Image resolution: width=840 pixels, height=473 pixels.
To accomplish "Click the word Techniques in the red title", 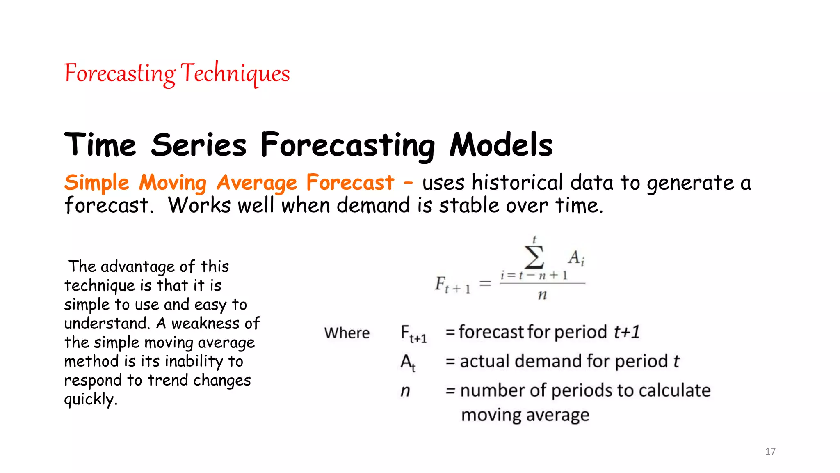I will [235, 73].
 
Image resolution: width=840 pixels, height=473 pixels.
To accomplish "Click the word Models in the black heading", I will [501, 145].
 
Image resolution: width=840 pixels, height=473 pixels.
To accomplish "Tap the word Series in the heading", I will [199, 145].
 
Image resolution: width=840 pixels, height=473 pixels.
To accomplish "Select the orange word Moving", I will [173, 183].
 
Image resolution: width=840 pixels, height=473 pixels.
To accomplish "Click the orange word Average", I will [256, 183].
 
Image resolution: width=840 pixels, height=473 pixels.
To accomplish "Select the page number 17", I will [770, 451].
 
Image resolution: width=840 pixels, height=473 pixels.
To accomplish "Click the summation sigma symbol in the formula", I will [534, 257].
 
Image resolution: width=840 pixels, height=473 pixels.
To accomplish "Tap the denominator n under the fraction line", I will [542, 294].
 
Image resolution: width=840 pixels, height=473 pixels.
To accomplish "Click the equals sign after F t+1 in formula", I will [485, 283].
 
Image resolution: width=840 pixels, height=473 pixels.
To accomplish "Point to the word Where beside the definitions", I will [347, 333].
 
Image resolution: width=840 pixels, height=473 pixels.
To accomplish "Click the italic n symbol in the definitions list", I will [405, 391].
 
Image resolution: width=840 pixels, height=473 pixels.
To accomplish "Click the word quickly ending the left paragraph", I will [90, 399].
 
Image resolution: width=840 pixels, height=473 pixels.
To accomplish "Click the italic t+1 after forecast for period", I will [626, 332].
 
